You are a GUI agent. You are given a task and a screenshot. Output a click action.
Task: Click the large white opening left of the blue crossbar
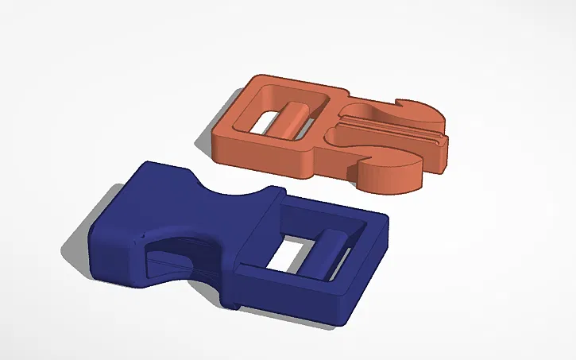pyautogui.click(x=289, y=254)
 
